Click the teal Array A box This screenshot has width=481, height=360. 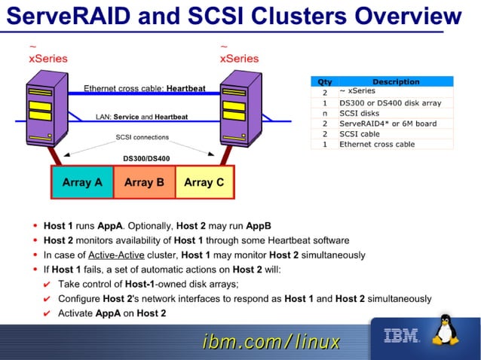82,182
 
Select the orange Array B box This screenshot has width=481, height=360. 144,182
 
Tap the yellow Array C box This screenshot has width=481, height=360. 204,182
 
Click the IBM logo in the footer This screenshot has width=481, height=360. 401,337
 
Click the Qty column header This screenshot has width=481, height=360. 324,81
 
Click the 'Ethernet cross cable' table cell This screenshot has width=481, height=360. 376,144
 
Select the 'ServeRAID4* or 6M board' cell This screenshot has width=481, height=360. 382,124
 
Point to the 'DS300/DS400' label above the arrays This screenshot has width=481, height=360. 146,158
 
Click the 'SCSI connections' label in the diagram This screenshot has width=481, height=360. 142,137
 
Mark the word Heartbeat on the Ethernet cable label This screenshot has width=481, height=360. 185,88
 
